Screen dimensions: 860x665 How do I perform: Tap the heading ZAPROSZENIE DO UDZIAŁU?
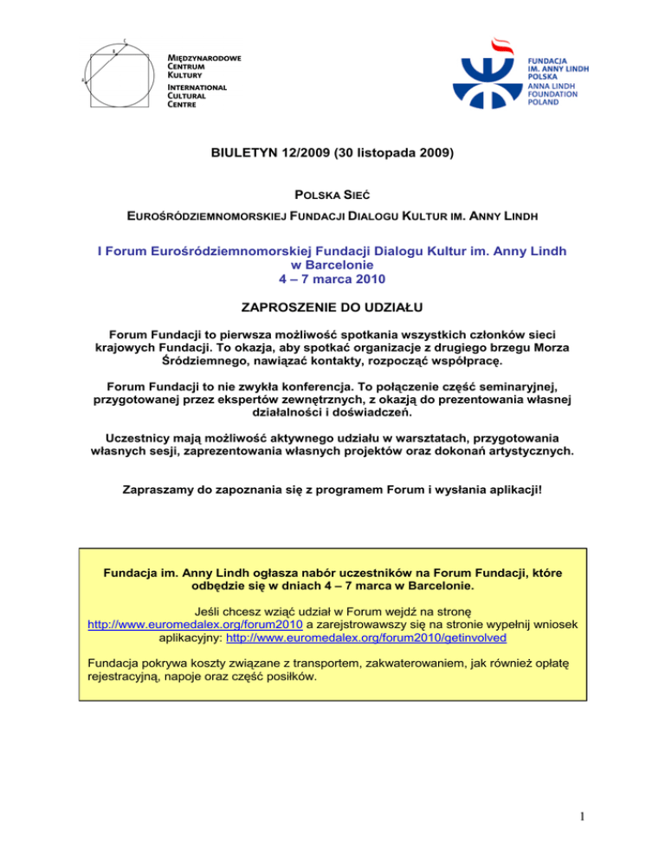point(332,308)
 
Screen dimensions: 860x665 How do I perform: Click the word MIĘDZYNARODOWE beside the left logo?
point(204,57)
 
